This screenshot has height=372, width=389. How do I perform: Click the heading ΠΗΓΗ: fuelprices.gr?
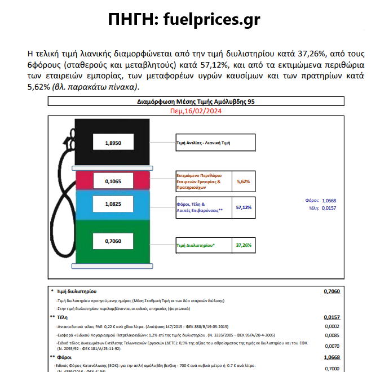point(184,20)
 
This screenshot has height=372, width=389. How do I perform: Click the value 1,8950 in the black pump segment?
point(113,143)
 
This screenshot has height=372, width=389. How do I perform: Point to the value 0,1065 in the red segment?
point(113,181)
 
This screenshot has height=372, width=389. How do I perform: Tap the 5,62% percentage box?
point(244,181)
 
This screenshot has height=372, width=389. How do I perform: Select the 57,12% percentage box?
point(244,207)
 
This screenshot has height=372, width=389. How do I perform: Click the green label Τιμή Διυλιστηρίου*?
point(196,246)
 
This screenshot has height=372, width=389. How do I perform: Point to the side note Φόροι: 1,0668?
point(321,200)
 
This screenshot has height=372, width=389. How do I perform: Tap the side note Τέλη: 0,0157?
point(322,207)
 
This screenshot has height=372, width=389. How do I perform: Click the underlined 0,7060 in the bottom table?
point(331,291)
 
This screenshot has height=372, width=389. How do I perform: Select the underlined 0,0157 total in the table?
point(331,317)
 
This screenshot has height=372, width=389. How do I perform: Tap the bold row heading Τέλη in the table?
point(63,317)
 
